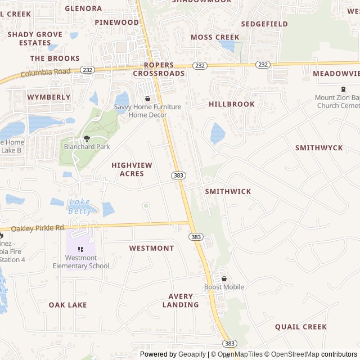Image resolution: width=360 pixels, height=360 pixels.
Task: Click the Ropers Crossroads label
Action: [159, 69]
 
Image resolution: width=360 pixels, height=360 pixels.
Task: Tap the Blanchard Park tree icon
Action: [87, 138]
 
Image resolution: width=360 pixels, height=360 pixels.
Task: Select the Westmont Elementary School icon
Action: [81, 249]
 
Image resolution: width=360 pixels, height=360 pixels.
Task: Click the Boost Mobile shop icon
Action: [224, 278]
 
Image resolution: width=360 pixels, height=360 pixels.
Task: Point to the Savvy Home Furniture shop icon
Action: [147, 98]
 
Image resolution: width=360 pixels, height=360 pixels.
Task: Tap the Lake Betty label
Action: [79, 206]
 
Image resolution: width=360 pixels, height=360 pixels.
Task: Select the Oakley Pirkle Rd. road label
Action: [38, 228]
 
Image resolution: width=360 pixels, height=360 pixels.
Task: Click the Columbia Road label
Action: [46, 73]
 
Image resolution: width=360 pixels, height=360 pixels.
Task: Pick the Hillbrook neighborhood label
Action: [232, 104]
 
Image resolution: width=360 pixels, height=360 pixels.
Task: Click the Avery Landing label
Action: [181, 300]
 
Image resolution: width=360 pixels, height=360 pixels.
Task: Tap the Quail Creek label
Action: [301, 327]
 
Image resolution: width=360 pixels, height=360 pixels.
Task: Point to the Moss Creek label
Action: [215, 37]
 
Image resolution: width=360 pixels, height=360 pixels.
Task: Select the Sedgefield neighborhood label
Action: [264, 24]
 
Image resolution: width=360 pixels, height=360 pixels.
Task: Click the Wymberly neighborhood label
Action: [49, 97]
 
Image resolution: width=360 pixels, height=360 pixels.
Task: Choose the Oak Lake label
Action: [68, 305]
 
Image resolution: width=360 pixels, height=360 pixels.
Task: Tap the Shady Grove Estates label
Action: [35, 38]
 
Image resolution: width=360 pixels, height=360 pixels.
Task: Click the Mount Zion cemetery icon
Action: [343, 89]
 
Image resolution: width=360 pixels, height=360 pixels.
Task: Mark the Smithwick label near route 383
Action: [228, 191]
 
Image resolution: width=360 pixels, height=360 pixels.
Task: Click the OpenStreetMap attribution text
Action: [291, 354]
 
